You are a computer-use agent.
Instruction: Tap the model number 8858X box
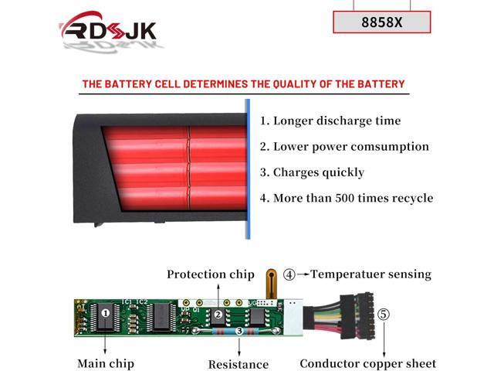click(x=382, y=22)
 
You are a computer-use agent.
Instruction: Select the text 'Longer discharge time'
click(x=337, y=121)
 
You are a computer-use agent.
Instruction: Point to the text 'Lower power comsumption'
click(x=351, y=147)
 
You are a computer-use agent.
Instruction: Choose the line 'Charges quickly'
click(x=319, y=172)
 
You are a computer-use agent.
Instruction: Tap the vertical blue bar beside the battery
click(x=248, y=169)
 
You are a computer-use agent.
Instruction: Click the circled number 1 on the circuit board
click(x=106, y=313)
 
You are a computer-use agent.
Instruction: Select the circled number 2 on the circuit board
click(x=218, y=315)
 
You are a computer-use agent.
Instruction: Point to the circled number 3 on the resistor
click(x=239, y=331)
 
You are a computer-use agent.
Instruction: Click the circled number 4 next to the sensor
click(x=289, y=274)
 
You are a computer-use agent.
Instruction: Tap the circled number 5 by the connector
click(x=384, y=315)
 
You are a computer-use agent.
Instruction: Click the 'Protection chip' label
click(x=211, y=274)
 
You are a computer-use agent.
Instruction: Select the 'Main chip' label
click(x=106, y=363)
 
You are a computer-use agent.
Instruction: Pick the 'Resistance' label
click(x=239, y=364)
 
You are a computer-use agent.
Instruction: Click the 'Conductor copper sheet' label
click(x=368, y=363)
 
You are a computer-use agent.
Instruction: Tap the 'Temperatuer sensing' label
click(x=370, y=274)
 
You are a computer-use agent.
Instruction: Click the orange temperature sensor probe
click(x=271, y=284)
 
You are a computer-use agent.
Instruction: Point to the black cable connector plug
click(x=357, y=316)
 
